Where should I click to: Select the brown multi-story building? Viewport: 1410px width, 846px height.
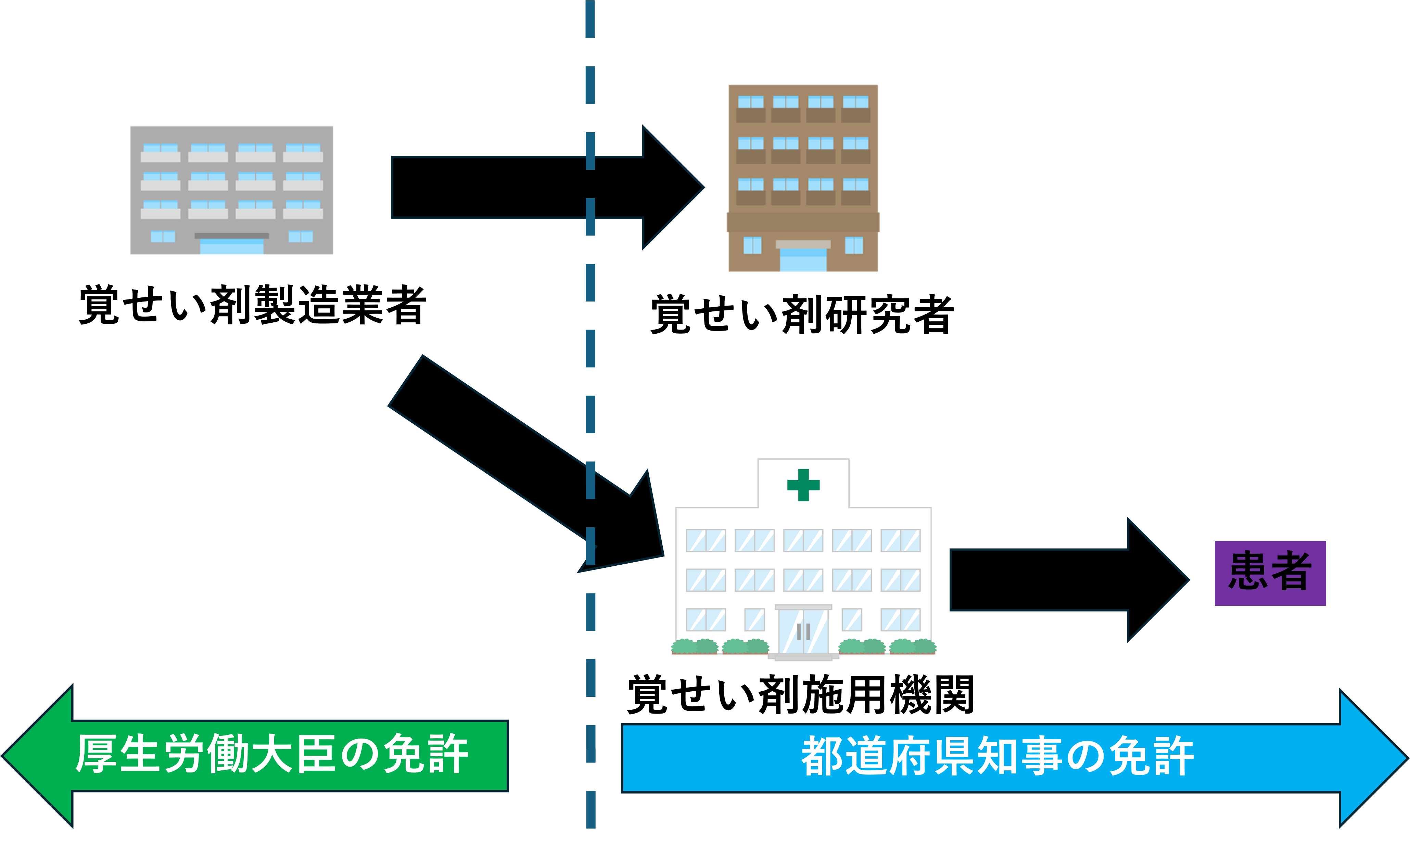tap(803, 178)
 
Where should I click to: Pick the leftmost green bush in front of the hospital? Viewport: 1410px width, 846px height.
tap(684, 646)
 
